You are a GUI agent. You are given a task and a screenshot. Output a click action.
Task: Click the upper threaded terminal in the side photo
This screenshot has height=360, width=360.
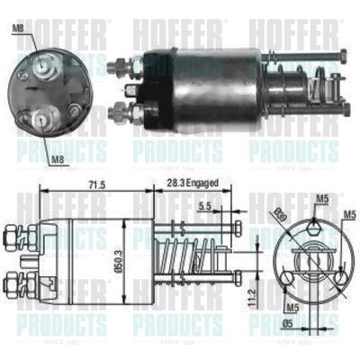click(x=119, y=67)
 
